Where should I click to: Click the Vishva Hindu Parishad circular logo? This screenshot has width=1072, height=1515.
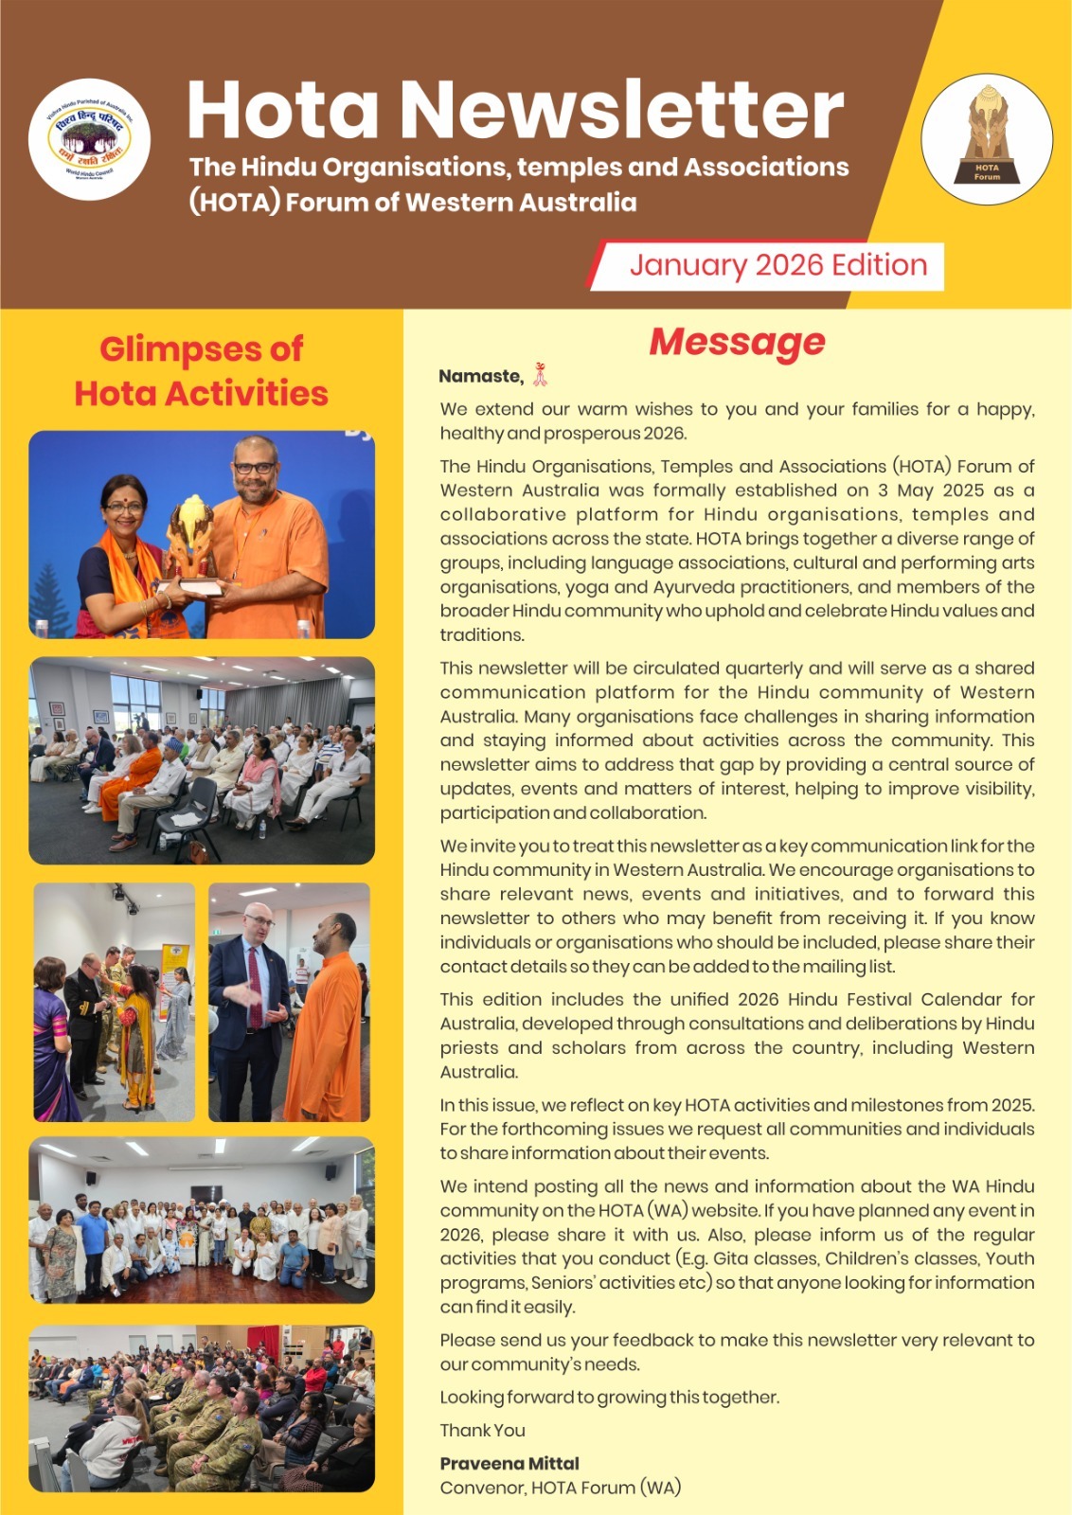click(x=89, y=138)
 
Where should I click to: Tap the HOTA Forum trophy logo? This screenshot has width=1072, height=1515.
click(x=987, y=139)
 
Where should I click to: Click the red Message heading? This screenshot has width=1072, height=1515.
click(x=737, y=342)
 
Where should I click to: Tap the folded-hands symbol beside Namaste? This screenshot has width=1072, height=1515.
click(x=540, y=375)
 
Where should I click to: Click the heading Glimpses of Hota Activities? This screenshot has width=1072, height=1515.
click(x=201, y=371)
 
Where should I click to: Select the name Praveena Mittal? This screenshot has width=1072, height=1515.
click(x=509, y=1463)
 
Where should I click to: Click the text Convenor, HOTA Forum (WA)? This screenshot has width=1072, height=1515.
click(x=560, y=1488)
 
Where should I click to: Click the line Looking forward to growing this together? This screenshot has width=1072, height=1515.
click(x=610, y=1397)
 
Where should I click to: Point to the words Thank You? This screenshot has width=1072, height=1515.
click(x=482, y=1430)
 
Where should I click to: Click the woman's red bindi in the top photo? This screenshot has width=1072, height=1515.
click(x=124, y=484)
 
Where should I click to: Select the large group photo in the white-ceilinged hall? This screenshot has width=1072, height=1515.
click(x=201, y=1220)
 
